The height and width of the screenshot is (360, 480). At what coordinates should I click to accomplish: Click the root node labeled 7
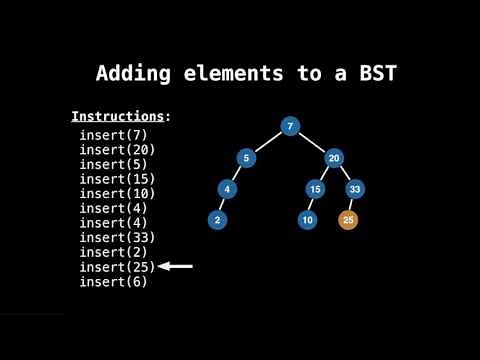click(289, 126)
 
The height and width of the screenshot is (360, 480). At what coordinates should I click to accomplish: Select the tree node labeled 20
click(335, 157)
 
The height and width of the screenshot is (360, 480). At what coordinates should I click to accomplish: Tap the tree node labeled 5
click(246, 157)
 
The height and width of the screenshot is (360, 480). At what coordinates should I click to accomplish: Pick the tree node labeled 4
click(228, 188)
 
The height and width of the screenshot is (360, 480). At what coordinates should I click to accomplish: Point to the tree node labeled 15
click(315, 188)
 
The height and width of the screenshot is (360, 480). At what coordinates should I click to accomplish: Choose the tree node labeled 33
click(355, 188)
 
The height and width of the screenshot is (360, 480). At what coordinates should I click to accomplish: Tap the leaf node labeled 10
click(308, 219)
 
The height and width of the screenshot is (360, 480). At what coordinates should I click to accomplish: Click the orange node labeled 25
click(348, 219)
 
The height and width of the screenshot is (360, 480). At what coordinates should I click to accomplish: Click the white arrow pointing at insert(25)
click(176, 267)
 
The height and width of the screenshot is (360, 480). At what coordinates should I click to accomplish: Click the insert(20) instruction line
click(117, 150)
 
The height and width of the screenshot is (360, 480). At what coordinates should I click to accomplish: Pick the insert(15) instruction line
click(117, 179)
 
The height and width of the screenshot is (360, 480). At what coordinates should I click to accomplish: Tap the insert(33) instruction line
click(117, 238)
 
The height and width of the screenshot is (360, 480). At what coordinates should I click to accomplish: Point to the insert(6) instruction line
click(113, 282)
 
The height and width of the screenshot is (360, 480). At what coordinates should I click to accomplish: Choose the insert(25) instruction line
click(117, 267)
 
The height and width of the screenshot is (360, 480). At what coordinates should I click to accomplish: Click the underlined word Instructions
click(117, 116)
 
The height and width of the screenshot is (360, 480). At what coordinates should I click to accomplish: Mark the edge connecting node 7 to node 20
click(312, 141)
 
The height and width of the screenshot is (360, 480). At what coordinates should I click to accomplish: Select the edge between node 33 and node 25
click(352, 203)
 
